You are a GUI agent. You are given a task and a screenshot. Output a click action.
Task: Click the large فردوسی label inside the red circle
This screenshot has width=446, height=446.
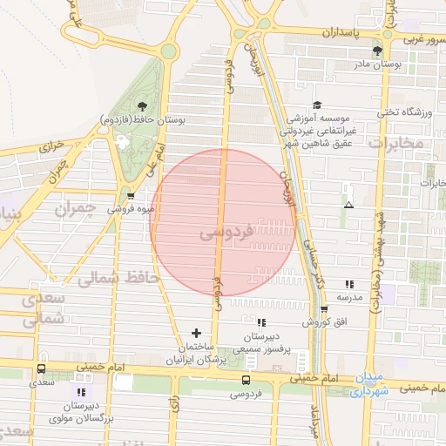coord(225,233)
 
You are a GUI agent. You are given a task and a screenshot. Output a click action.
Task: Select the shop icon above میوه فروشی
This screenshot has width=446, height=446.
coord(130,195)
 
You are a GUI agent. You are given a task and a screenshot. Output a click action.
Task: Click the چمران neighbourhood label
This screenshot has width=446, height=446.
coord(73,209)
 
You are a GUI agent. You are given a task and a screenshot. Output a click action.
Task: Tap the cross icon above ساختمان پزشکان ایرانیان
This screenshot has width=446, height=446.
coord(196,333)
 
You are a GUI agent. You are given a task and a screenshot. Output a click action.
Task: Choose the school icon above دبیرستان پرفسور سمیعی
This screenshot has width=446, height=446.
coord(261,322)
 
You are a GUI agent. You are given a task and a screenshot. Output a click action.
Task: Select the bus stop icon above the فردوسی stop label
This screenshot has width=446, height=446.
coord(246,380)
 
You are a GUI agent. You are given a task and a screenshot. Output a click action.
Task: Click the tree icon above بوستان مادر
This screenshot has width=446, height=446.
coord(376,51)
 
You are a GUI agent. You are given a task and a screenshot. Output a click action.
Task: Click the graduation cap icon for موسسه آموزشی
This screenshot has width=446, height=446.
coord(316,104)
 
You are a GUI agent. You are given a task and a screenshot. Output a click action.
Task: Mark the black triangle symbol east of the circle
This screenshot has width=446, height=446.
coord(348,206)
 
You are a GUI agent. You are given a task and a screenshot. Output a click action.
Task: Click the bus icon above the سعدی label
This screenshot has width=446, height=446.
coord(39,368)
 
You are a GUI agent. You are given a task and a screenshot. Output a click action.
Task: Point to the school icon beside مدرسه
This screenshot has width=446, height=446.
coord(349,284)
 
